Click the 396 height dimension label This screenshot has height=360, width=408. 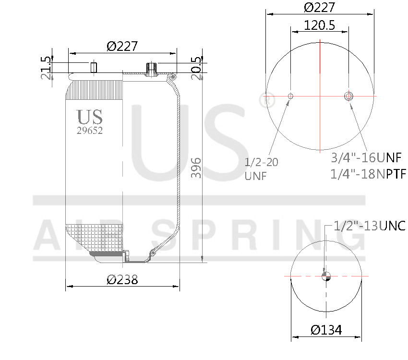[x=196, y=168]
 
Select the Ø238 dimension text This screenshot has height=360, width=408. [x=122, y=279]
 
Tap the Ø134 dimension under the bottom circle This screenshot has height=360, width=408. [x=326, y=330]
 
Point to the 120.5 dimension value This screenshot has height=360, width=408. [x=320, y=25]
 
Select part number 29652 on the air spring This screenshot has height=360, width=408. [x=90, y=130]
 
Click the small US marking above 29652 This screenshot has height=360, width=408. [x=90, y=117]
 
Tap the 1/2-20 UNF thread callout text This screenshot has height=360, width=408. [x=261, y=168]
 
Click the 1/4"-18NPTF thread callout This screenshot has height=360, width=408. [x=368, y=174]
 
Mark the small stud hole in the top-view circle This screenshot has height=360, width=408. [x=290, y=96]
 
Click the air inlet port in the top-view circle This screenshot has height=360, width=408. [x=348, y=96]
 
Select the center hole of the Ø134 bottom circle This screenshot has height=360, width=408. [x=326, y=276]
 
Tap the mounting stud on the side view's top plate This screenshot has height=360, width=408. [x=94, y=67]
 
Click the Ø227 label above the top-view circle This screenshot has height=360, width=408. [x=320, y=7]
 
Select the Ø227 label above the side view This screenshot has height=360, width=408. [x=122, y=46]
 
